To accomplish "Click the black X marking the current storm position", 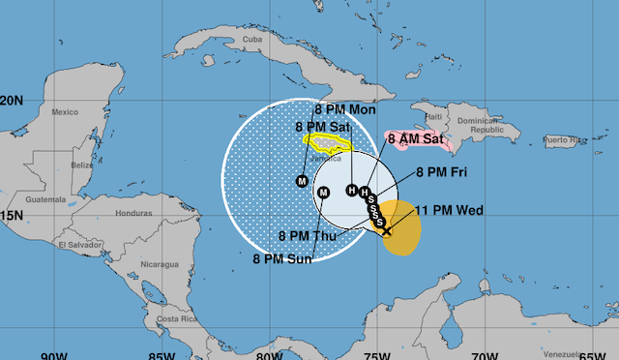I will click(x=386, y=231).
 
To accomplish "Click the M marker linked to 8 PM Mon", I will click(x=302, y=181).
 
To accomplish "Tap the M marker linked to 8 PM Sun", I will click(x=324, y=193).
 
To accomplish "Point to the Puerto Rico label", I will click(x=566, y=141).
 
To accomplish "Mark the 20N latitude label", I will click(x=13, y=101).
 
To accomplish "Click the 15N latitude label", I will click(x=12, y=216).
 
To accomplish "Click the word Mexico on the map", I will click(x=64, y=113).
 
